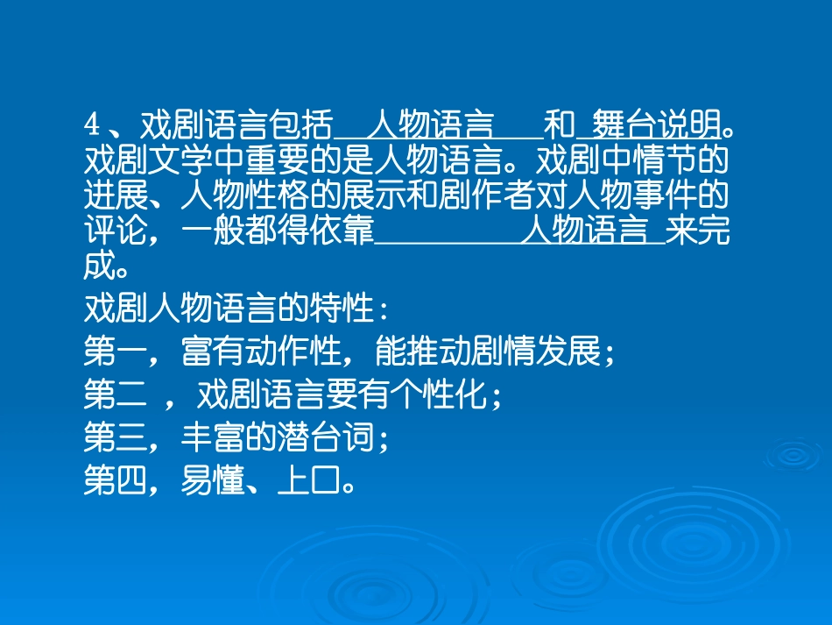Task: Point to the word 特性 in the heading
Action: tap(342, 309)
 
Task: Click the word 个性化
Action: tap(438, 395)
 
